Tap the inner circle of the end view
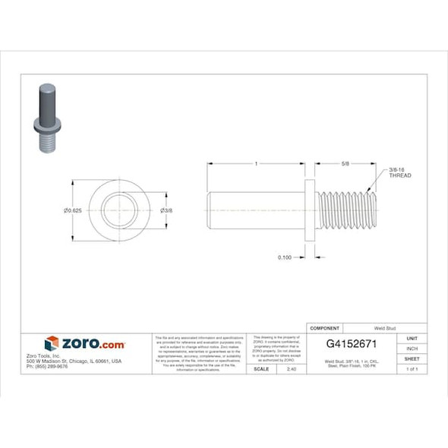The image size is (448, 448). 118,210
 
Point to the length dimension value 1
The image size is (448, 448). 257,163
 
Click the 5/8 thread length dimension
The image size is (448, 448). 345,163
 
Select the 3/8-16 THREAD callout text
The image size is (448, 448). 399,172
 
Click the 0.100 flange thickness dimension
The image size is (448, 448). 285,257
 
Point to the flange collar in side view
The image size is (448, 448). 309,210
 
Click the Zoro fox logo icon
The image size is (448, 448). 52,343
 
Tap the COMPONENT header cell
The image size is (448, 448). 324,327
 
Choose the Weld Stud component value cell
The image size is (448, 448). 377,327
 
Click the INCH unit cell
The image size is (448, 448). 412,349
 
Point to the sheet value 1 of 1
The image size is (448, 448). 412,368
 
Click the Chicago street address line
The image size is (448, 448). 74,361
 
